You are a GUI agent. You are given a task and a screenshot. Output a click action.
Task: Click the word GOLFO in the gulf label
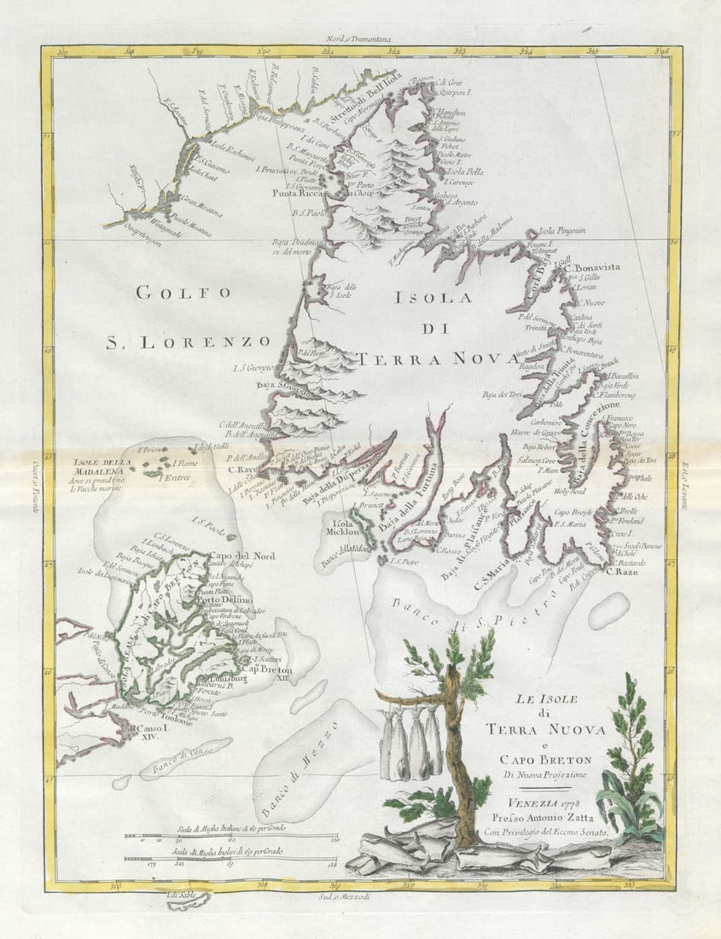183,293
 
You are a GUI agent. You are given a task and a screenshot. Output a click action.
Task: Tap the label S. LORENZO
188,342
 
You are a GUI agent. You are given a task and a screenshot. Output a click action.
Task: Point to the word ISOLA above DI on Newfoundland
433,298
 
